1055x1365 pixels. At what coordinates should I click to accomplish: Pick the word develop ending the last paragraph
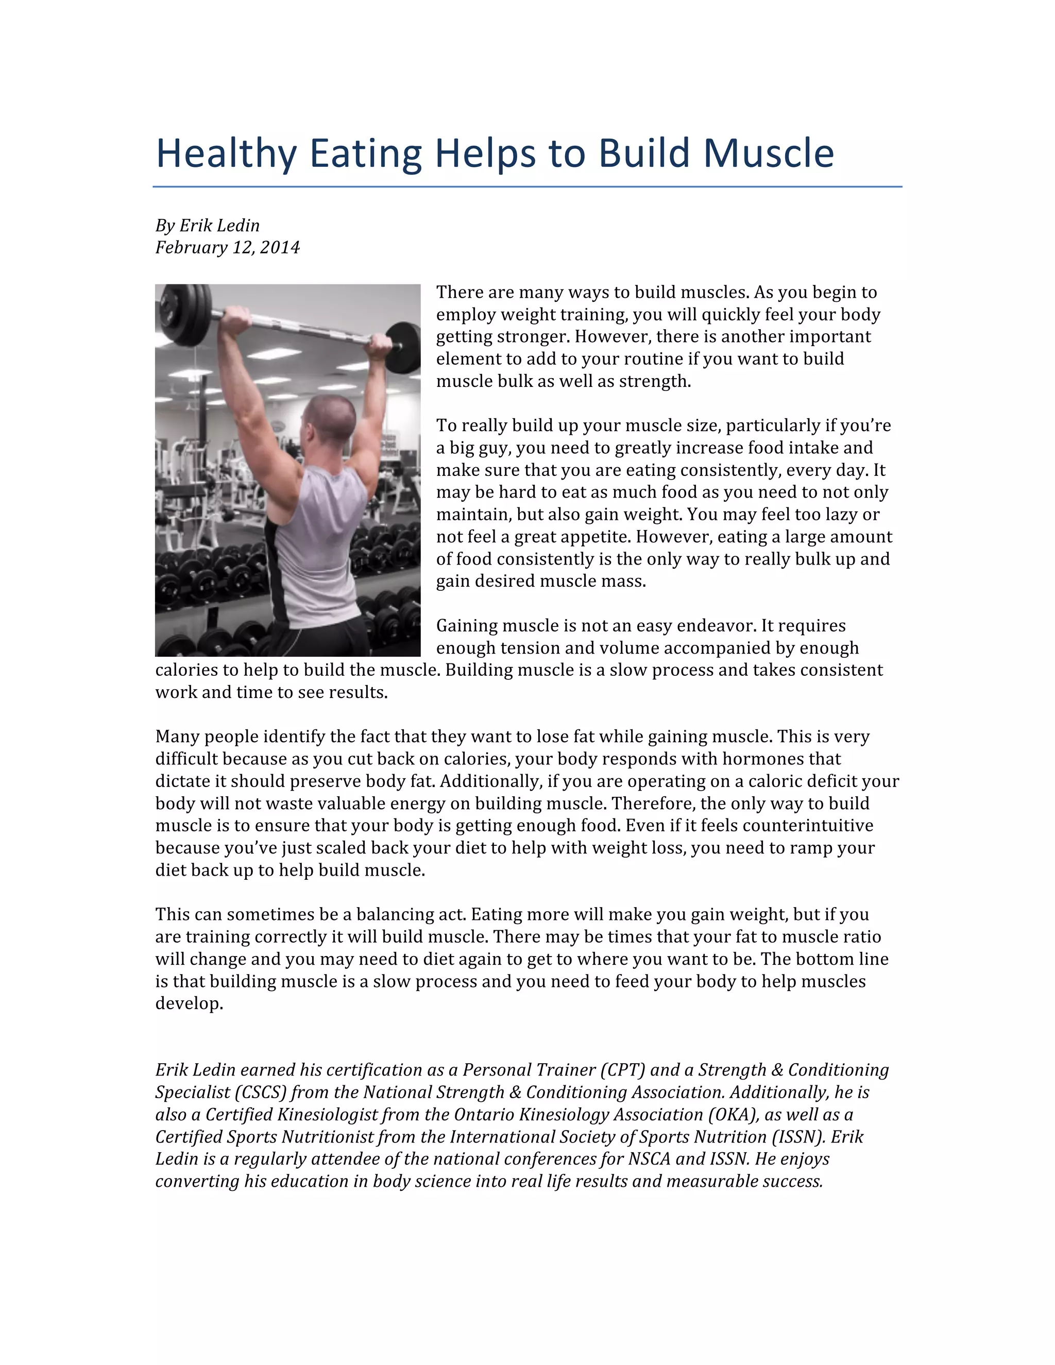[188, 1004]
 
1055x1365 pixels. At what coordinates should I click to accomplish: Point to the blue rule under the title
[527, 186]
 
